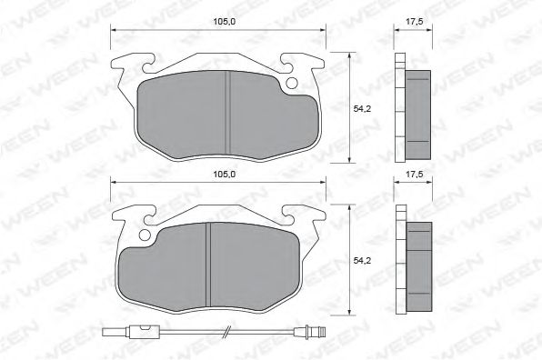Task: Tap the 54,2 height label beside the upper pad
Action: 360,109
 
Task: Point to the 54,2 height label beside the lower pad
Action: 360,262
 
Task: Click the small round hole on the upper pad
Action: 291,85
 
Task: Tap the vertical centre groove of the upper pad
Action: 226,108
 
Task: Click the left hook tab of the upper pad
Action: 131,66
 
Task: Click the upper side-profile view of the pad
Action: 413,108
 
